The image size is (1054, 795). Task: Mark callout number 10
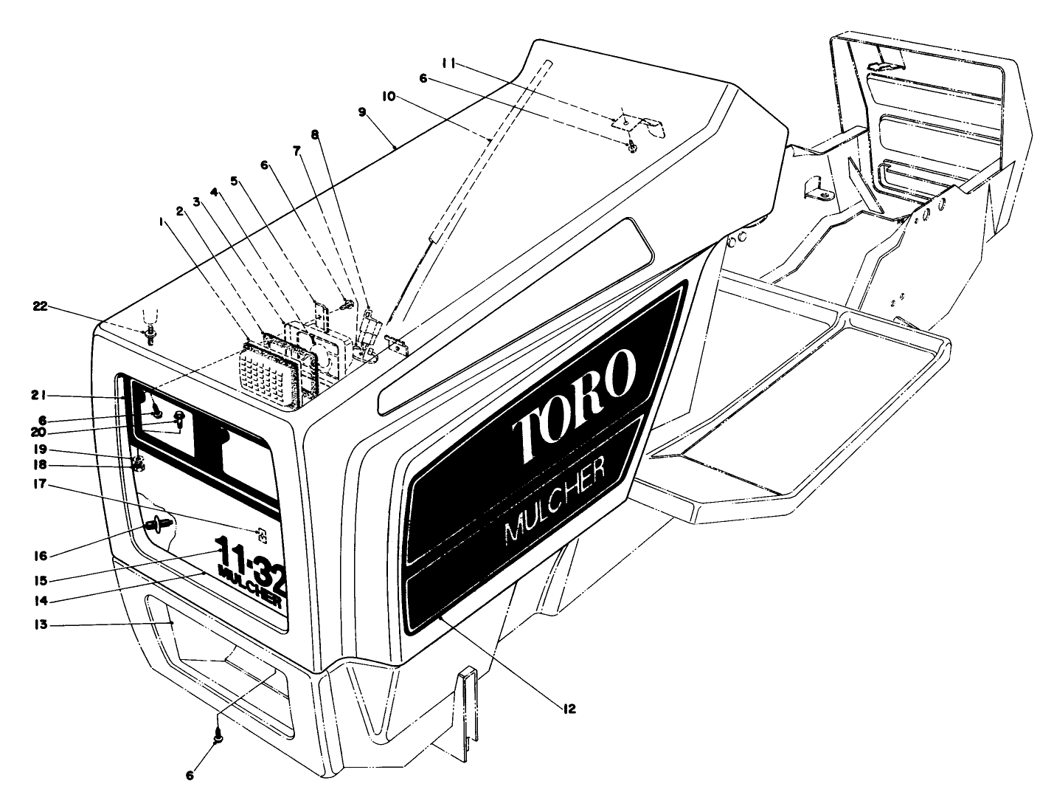(388, 97)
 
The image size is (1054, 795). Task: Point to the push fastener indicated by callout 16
(156, 526)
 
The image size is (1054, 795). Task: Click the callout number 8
(315, 134)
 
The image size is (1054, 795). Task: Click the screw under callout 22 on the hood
(150, 336)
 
